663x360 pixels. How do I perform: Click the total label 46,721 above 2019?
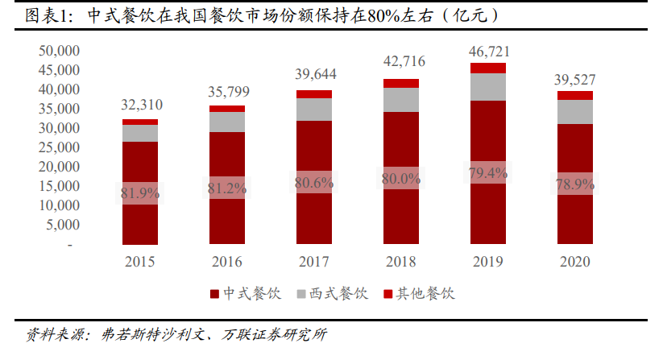[x=489, y=52]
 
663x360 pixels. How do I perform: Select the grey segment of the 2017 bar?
[x=314, y=110]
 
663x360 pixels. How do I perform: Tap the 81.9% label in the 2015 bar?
[x=140, y=193]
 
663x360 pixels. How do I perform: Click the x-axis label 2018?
[x=401, y=262]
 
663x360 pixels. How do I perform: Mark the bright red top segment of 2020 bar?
[x=575, y=95]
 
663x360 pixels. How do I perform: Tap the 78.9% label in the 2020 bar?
[x=575, y=184]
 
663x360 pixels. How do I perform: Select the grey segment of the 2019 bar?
[x=488, y=87]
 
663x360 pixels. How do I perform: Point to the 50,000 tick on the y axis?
[x=59, y=51]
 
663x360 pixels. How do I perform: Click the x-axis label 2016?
[x=227, y=262]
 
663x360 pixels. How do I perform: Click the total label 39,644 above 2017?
[x=314, y=75]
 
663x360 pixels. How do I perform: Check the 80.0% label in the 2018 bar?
[x=401, y=179]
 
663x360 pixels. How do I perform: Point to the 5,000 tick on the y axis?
[x=62, y=225]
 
